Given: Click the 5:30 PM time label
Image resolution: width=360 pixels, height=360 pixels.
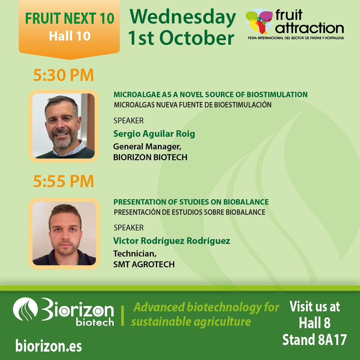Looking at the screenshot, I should point(63,75).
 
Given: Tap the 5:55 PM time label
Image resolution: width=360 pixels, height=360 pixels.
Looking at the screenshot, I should point(63,181).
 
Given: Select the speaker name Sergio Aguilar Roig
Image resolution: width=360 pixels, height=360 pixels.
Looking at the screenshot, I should point(154,134).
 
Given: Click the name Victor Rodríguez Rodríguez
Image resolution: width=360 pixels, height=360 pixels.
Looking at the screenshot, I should point(172,241).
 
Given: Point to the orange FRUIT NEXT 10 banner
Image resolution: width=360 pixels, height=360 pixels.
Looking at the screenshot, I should point(69,27).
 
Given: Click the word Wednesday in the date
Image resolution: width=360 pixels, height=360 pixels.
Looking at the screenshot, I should point(183,17).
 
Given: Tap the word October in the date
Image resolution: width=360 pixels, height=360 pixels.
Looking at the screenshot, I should point(196,38).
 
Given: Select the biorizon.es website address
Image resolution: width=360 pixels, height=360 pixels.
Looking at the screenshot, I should point(49,346).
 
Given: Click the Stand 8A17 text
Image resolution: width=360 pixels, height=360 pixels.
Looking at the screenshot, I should point(314,340).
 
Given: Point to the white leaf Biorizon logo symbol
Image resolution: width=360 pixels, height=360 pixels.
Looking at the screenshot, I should point(25,309).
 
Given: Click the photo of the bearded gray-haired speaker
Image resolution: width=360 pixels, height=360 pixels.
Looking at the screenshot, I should point(63,126).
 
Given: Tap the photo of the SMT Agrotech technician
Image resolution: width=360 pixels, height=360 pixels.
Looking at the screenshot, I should point(64,233).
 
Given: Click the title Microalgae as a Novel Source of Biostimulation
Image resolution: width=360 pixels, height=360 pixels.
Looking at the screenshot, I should point(210,94).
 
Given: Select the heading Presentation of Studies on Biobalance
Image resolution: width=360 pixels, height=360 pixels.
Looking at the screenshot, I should point(191,202).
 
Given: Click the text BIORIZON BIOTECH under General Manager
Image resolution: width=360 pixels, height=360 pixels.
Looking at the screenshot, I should point(150,157).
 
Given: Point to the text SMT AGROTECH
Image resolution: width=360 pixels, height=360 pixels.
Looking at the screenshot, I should point(144,264).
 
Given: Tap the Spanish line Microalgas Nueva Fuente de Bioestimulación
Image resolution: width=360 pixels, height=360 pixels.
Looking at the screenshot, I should point(193,105).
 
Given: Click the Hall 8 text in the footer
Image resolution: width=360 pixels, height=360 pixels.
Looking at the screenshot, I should point(314,323).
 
